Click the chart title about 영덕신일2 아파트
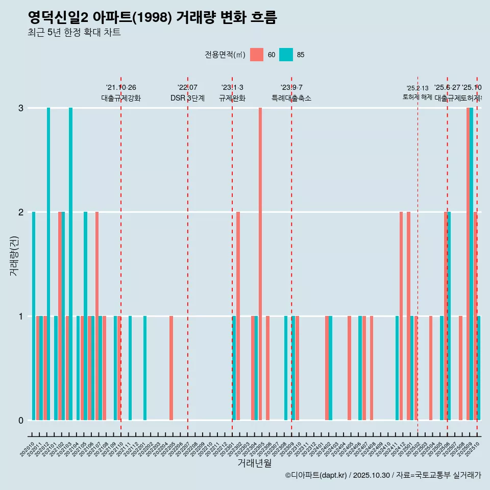pyautogui.click(x=152, y=18)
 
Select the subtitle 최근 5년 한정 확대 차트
pyautogui.click(x=74, y=33)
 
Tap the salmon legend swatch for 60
pyautogui.click(x=257, y=55)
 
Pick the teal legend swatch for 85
pyautogui.click(x=286, y=55)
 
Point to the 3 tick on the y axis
pyautogui.click(x=20, y=108)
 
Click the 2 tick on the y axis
pyautogui.click(x=20, y=212)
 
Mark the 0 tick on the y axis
pyautogui.click(x=20, y=421)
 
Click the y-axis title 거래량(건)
pyautogui.click(x=14, y=255)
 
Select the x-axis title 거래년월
pyautogui.click(x=254, y=463)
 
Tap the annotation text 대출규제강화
pyautogui.click(x=120, y=98)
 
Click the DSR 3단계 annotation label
pyautogui.click(x=187, y=98)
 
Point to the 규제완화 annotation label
pyautogui.click(x=232, y=98)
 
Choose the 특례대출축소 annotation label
pyautogui.click(x=291, y=98)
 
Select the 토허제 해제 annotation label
pyautogui.click(x=418, y=96)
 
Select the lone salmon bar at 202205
pyautogui.click(x=171, y=367)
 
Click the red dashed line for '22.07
pyautogui.click(x=188, y=255)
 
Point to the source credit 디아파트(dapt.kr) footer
pyautogui.click(x=383, y=475)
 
